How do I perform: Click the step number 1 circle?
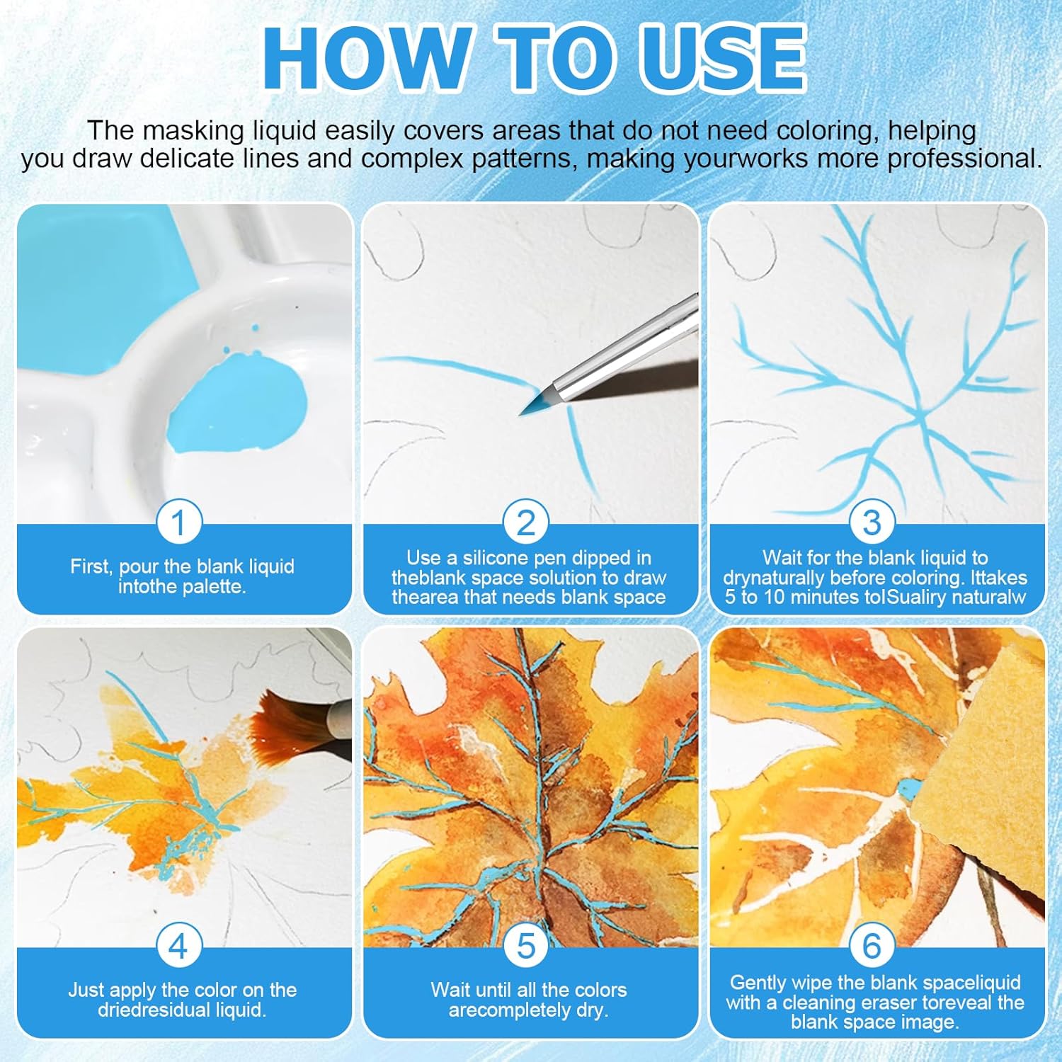178,523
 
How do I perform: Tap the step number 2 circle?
526,523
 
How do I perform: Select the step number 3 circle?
872,523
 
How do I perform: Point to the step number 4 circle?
178,946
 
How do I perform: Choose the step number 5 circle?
526,946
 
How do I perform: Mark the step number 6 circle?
872,946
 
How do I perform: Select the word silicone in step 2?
530,558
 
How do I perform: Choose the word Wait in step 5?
450,990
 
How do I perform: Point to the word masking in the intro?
188,132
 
